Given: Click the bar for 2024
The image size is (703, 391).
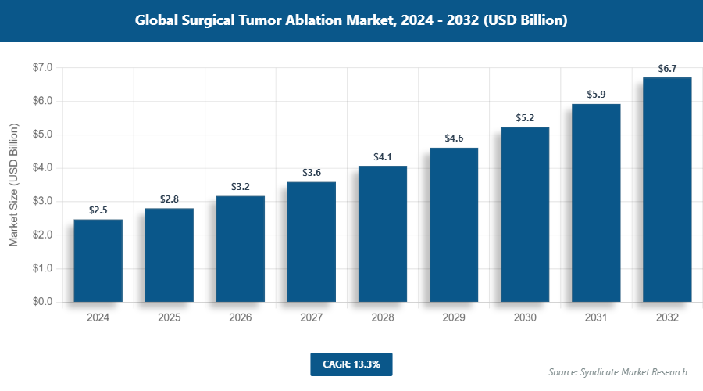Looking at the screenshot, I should pyautogui.click(x=98, y=260).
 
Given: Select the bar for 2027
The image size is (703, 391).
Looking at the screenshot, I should pyautogui.click(x=312, y=242).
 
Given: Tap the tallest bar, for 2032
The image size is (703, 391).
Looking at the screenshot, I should pyautogui.click(x=667, y=189).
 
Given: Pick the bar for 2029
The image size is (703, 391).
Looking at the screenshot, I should pyautogui.click(x=454, y=224).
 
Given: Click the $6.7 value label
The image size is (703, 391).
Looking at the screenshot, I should pyautogui.click(x=667, y=69).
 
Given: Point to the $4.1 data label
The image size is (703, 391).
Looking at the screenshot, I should pyautogui.click(x=383, y=157).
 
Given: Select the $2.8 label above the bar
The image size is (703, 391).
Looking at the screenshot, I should pyautogui.click(x=170, y=200).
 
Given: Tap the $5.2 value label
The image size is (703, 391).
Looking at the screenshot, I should pyautogui.click(x=525, y=118).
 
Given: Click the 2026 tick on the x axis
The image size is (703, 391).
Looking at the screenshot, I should pyautogui.click(x=241, y=318).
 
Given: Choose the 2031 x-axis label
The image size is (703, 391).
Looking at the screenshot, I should pyautogui.click(x=596, y=318).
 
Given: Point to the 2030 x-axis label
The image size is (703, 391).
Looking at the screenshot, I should pyautogui.click(x=525, y=318).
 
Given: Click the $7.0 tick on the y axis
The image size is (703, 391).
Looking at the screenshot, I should pyautogui.click(x=41, y=68).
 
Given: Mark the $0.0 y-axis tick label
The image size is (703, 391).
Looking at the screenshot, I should pyautogui.click(x=41, y=302).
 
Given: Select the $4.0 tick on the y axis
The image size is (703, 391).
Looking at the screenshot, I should pyautogui.click(x=41, y=168).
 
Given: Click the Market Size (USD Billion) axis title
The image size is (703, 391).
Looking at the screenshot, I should pyautogui.click(x=13, y=185).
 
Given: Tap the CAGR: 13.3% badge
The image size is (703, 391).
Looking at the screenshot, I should pyautogui.click(x=351, y=364).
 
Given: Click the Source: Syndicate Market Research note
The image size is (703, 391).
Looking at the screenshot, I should pyautogui.click(x=618, y=371).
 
